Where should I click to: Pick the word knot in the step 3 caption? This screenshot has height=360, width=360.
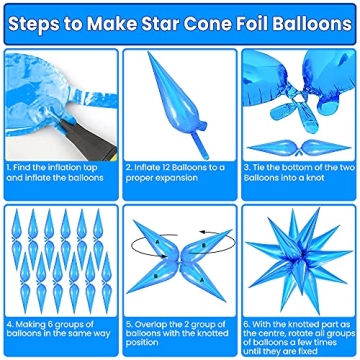pyautogui.click(x=310, y=179)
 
